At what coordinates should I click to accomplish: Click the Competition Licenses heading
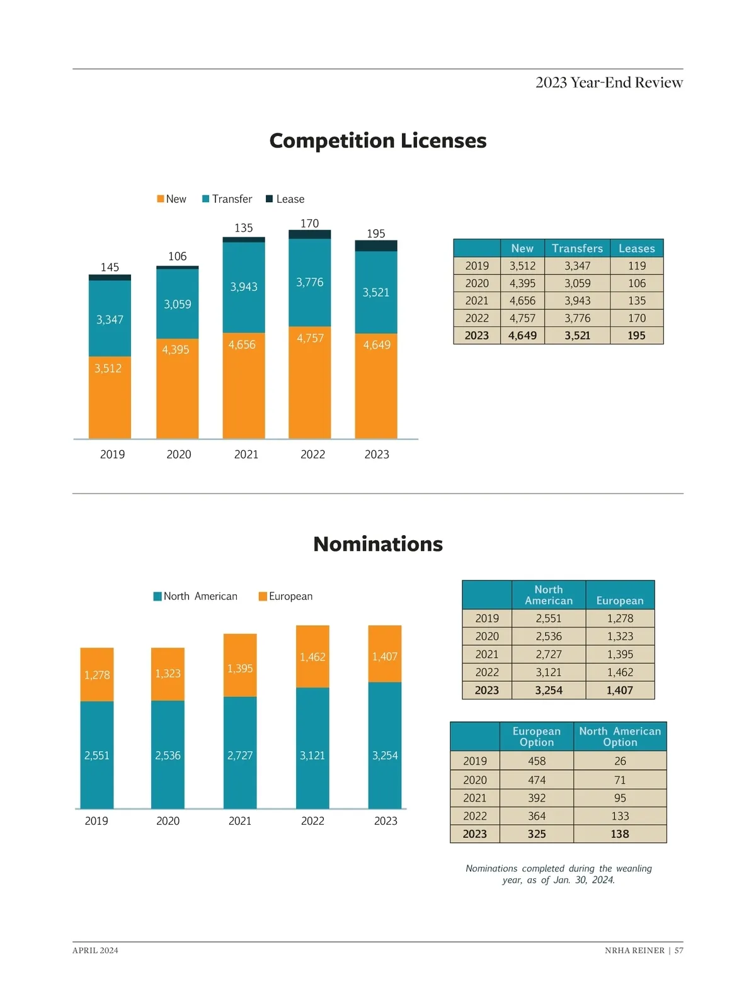[x=377, y=140]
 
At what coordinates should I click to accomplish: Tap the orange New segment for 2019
[x=110, y=397]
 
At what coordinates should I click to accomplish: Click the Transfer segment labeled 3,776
[x=309, y=282]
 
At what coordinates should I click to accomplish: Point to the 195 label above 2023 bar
[x=375, y=234]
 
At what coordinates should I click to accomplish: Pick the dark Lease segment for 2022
[x=309, y=234]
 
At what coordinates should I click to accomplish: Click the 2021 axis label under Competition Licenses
[x=246, y=454]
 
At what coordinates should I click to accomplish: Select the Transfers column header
[x=577, y=248]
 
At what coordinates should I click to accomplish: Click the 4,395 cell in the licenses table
[x=522, y=283]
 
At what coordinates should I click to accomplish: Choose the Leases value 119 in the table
[x=636, y=266]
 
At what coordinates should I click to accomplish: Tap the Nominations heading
[x=377, y=544]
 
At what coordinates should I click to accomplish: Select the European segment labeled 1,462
[x=312, y=657]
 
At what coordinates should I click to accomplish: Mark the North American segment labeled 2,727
[x=240, y=755]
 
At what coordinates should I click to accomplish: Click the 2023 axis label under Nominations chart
[x=386, y=821]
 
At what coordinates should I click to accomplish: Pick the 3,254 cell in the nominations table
[x=548, y=690]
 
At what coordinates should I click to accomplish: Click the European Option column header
[x=536, y=737]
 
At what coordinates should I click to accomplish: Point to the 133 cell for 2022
[x=620, y=816]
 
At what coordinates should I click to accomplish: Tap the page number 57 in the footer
[x=679, y=951]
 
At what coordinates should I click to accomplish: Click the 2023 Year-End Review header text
[x=609, y=82]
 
